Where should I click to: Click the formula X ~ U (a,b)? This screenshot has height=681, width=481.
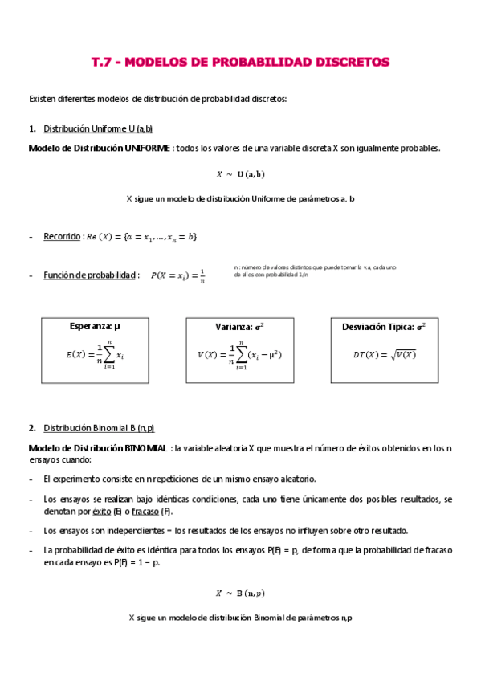coord(240,173)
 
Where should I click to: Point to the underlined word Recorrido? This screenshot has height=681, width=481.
coord(62,237)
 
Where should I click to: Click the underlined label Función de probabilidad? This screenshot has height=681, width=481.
coord(90,275)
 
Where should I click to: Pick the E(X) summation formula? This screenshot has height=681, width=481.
coord(95,354)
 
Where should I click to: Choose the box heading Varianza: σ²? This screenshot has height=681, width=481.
coord(239,328)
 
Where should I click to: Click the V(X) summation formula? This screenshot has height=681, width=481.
coord(239,354)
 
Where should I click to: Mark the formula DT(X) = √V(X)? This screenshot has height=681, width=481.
coord(385,354)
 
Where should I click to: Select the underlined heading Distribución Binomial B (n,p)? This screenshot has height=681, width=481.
coord(99,428)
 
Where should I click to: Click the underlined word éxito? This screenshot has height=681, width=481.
coord(102,512)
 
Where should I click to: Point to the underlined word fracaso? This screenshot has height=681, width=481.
coord(145,512)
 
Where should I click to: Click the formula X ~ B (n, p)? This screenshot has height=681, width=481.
coord(240,593)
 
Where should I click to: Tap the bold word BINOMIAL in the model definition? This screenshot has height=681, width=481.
coord(145,447)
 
